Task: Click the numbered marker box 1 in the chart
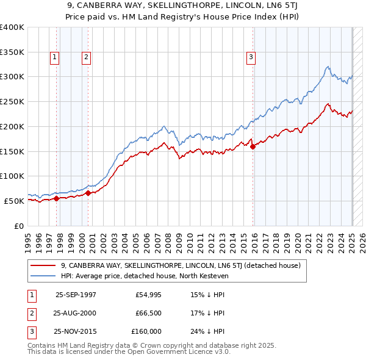tap(54, 57)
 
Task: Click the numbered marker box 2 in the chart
tap(86, 57)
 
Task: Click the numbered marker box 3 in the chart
tap(251, 57)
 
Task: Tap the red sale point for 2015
tap(253, 146)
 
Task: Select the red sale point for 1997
tap(57, 198)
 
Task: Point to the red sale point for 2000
tap(88, 193)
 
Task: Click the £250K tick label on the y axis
tap(12, 102)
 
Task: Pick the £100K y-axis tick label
tap(12, 176)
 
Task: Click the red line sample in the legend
tap(43, 265)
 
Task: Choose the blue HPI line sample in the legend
tap(43, 276)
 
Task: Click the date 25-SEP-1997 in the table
tap(76, 294)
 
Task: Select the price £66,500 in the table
tap(148, 313)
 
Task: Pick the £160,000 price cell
tap(146, 332)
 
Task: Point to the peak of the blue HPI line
tap(328, 67)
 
